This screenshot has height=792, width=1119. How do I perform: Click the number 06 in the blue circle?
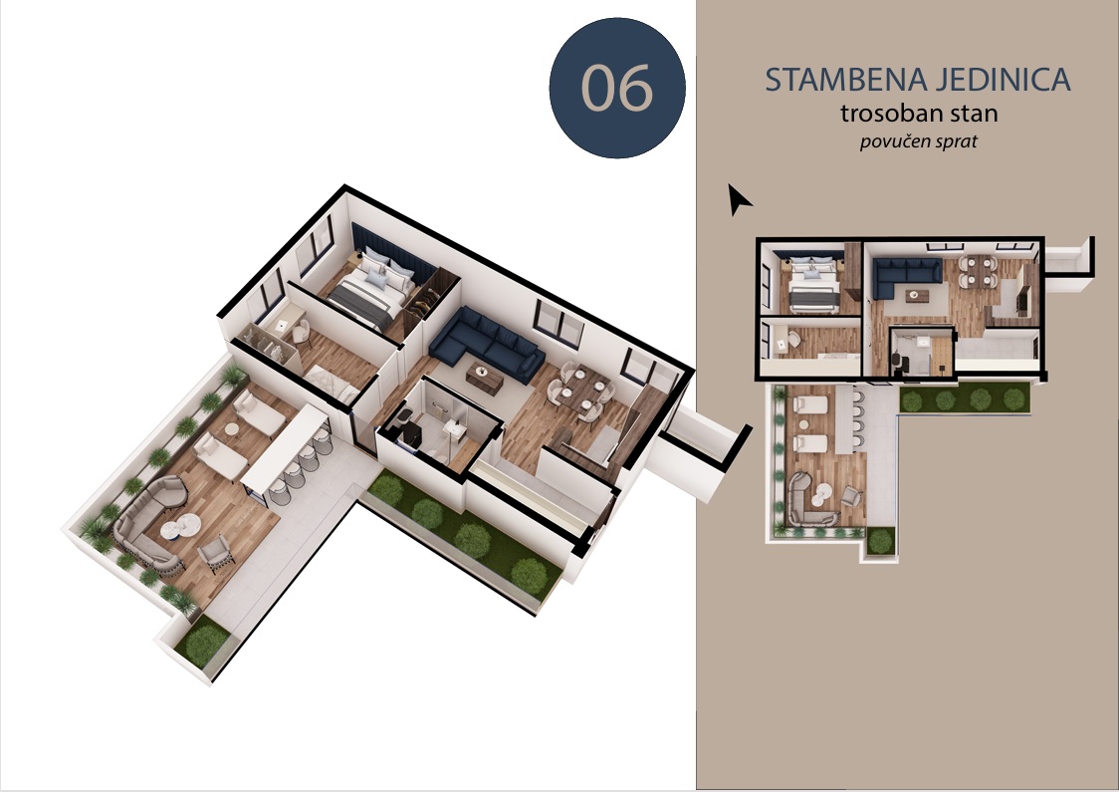(617, 88)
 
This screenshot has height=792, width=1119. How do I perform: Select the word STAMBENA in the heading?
(844, 80)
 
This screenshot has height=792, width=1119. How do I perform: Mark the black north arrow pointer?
(739, 198)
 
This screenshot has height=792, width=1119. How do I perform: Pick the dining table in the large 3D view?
(583, 391)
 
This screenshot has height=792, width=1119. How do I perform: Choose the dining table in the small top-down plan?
(977, 271)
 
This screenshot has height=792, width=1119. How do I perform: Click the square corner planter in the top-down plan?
(880, 541)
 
